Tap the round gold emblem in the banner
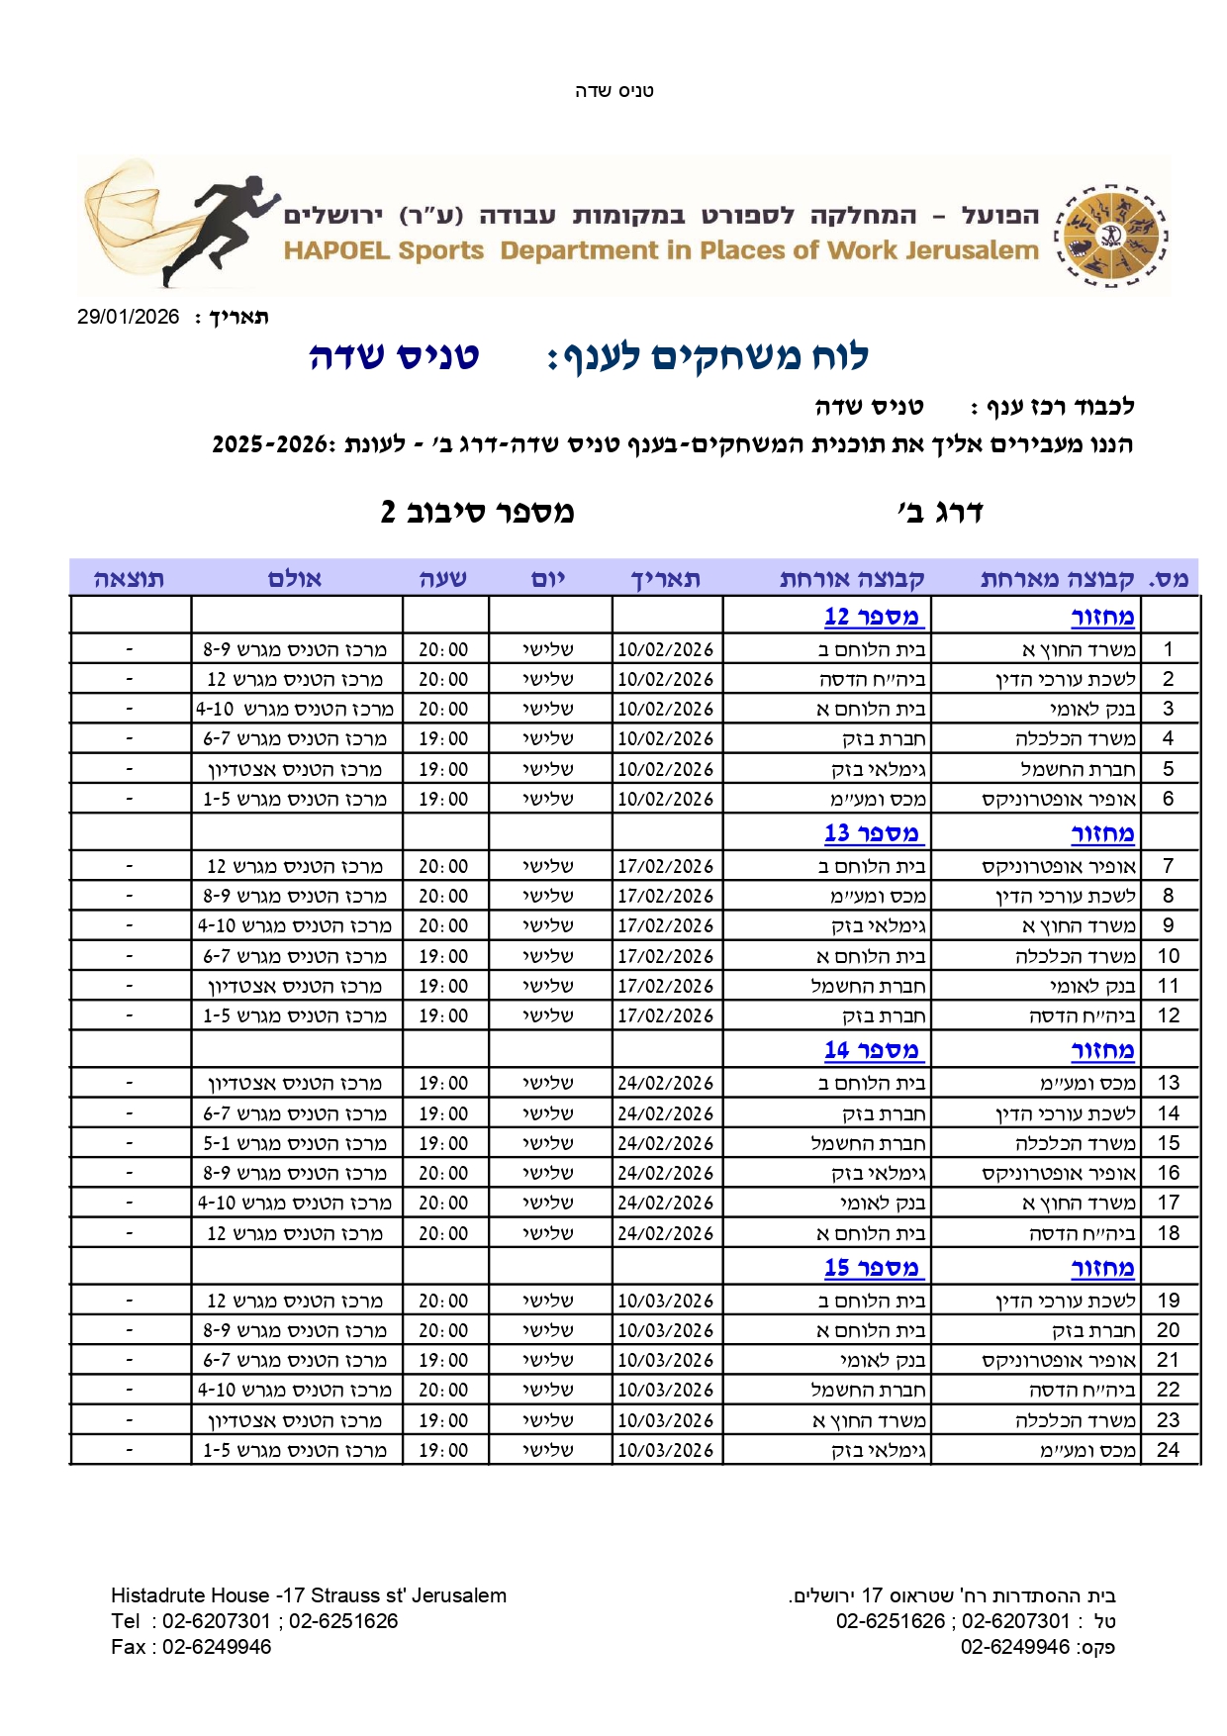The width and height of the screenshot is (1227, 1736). click(x=1110, y=236)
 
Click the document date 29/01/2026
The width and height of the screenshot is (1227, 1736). click(x=129, y=317)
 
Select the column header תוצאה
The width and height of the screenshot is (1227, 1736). click(x=130, y=579)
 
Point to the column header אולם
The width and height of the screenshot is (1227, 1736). click(x=295, y=579)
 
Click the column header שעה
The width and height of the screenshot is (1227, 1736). click(x=442, y=579)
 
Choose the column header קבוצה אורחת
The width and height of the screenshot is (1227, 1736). click(x=852, y=579)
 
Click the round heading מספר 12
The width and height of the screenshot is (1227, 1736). click(x=872, y=617)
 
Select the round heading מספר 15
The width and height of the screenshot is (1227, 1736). click(x=872, y=1268)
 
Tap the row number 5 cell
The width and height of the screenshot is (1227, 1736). click(x=1169, y=769)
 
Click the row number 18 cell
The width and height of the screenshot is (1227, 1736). click(x=1169, y=1233)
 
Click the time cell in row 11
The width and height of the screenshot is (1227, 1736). click(x=443, y=986)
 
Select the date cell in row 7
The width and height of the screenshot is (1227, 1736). click(x=666, y=866)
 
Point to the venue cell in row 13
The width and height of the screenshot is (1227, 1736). click(x=295, y=1084)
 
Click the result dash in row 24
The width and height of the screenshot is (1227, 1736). click(x=130, y=1450)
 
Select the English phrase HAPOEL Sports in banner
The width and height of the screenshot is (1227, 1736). click(x=384, y=250)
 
